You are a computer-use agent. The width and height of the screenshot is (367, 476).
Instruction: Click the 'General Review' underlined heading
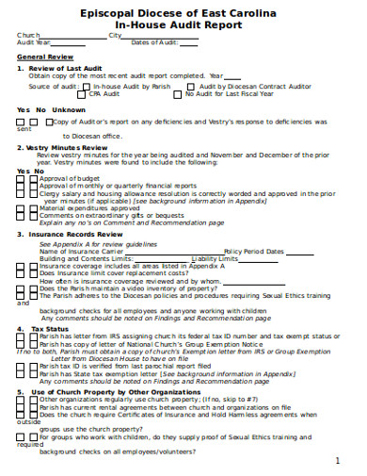click(x=44, y=56)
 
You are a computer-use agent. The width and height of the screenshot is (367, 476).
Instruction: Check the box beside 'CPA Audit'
click(x=84, y=93)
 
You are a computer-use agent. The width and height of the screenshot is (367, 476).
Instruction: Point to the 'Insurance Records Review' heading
click(x=74, y=233)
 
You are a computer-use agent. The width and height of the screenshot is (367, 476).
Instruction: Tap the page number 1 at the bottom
click(x=337, y=461)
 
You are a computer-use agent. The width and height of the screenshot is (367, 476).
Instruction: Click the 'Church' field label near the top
click(x=28, y=35)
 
